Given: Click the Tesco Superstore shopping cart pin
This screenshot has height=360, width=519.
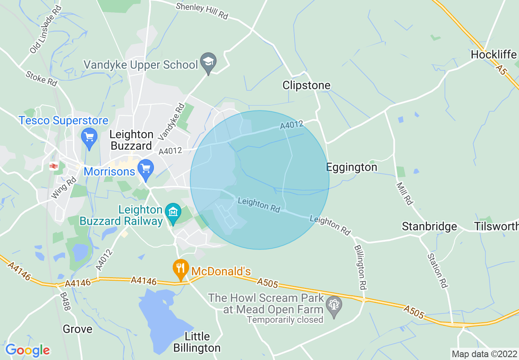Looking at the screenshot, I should [x=89, y=138].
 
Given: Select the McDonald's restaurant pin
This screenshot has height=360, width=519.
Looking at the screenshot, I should [x=180, y=269].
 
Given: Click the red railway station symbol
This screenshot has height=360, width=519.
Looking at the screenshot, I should [x=53, y=166].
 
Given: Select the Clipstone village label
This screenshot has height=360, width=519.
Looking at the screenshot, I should [x=306, y=85].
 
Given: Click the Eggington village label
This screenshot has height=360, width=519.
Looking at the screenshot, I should [x=352, y=167].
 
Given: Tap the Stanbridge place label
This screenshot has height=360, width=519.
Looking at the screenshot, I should [x=429, y=226].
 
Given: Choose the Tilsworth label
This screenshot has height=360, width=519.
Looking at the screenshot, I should [x=496, y=226].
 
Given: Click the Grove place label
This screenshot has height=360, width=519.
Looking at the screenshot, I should [x=77, y=329].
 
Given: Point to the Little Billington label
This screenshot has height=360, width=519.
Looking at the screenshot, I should [x=197, y=342].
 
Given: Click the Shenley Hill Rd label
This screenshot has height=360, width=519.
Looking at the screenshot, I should [x=201, y=11].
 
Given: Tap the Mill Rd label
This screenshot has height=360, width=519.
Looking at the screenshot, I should [x=404, y=193].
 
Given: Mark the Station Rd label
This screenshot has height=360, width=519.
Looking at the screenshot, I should [x=437, y=270].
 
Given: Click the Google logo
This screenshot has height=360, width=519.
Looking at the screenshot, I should [x=27, y=350].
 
